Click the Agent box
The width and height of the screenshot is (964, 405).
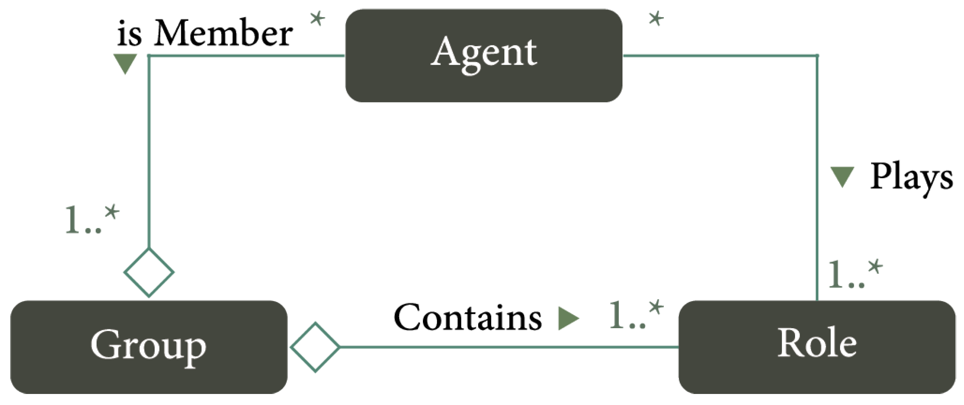coord(483,56)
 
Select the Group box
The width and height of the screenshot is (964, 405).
coord(149,347)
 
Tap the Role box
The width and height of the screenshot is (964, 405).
coord(817,347)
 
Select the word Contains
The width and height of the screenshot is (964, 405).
coord(467,318)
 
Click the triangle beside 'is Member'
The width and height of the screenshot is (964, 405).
coord(125,64)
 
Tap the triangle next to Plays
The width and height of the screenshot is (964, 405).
coord(842,177)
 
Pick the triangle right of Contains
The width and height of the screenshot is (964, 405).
coord(568,318)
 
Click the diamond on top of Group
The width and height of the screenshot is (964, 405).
coord(149,272)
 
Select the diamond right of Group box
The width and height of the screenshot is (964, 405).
coord(315,347)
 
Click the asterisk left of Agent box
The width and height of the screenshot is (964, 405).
coord(317,19)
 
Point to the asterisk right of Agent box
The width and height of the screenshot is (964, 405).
coord(656,19)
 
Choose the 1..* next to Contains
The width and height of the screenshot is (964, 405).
coord(636,315)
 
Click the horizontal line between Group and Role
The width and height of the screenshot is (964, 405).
coord(507,347)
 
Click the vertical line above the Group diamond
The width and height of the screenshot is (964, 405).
coord(149,155)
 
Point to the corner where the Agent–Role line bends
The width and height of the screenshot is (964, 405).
coord(817,56)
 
